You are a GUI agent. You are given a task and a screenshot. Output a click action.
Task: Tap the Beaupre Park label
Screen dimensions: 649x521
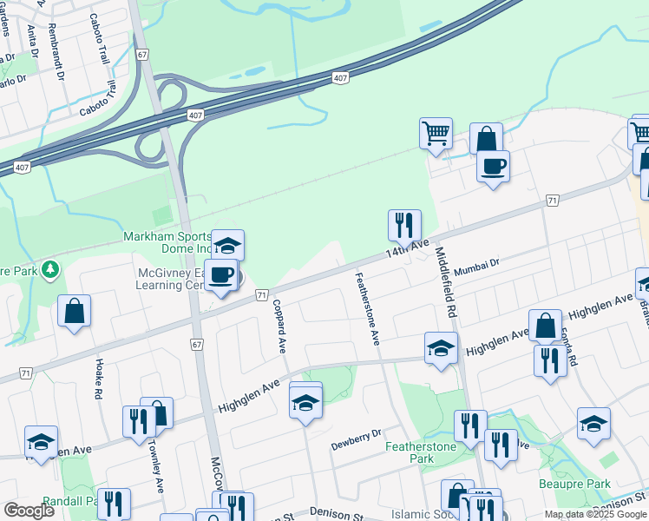coord(600,484)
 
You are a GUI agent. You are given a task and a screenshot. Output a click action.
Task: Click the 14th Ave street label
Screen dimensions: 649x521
coord(408,248)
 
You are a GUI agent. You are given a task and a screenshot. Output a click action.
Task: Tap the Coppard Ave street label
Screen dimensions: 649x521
coord(279,326)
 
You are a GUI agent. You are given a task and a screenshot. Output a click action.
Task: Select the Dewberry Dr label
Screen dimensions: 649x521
coord(356,440)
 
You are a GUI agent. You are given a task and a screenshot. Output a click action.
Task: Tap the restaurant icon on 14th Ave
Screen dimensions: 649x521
coord(404,226)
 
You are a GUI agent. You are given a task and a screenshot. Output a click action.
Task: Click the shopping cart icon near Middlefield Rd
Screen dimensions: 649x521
coord(436,134)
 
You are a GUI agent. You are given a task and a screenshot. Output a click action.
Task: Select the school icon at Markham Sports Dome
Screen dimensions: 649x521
coord(228,245)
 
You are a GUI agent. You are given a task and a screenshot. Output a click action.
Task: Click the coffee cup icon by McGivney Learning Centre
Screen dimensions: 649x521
coord(221,275)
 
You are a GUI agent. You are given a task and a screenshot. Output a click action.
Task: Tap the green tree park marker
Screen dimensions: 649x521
coord(51,270)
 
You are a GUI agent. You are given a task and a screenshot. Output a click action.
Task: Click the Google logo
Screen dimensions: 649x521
coord(29,511)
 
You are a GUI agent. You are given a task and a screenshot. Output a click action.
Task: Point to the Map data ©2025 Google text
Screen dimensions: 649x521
coord(594,514)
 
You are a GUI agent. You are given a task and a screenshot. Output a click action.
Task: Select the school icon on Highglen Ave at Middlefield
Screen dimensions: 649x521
coord(441,348)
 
